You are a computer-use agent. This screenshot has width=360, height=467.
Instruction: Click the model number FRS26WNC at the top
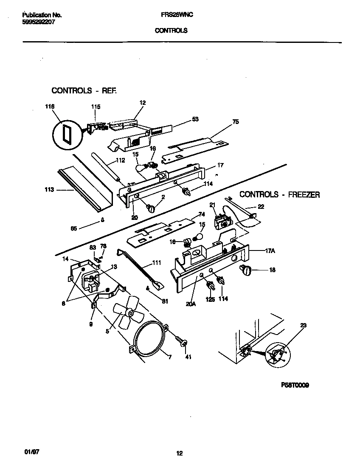click(177, 15)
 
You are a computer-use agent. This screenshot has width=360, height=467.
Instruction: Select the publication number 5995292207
click(39, 22)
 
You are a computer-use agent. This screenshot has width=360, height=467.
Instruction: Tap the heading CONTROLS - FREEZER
click(279, 194)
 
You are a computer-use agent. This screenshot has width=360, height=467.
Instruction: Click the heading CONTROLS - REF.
click(84, 90)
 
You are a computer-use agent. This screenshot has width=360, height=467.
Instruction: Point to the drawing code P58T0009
click(295, 385)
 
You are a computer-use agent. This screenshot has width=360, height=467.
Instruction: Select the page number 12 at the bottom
click(179, 453)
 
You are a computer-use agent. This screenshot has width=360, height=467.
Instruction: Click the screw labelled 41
click(183, 343)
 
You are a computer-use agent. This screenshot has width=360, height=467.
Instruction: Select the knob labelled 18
click(246, 269)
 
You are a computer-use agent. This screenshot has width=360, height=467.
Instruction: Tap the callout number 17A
click(270, 251)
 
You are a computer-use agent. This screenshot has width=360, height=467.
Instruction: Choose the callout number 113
click(49, 190)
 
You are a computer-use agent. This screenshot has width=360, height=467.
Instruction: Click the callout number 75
click(236, 122)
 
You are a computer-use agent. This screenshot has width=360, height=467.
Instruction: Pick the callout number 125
click(210, 299)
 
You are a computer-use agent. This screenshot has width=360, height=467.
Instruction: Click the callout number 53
click(195, 119)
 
